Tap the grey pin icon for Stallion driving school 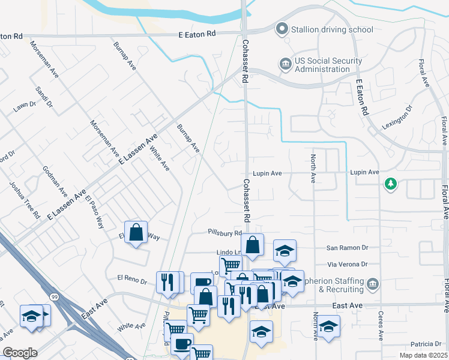click(x=281, y=28)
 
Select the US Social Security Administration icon click(x=285, y=63)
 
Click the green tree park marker click(x=391, y=184)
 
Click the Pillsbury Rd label click(x=224, y=233)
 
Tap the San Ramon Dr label click(x=347, y=248)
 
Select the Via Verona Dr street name click(x=348, y=264)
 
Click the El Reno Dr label click(x=132, y=278)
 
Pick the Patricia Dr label click(x=426, y=344)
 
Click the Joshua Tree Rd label click(x=24, y=199)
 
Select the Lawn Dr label click(x=25, y=107)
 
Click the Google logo click(x=20, y=353)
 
